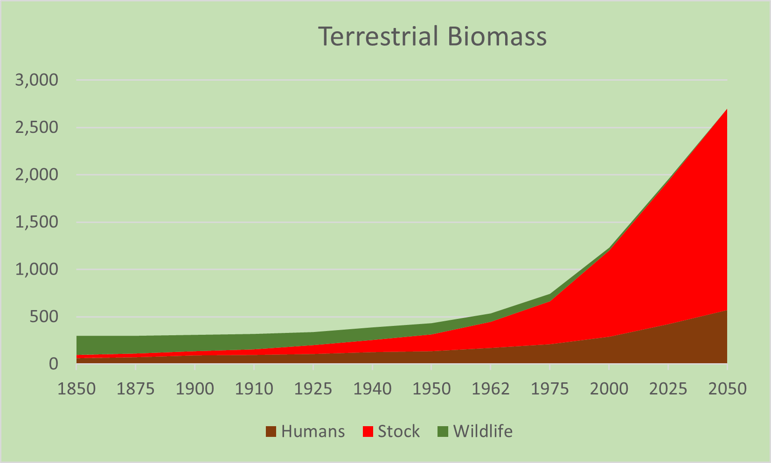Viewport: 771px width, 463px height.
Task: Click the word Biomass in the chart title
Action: coord(497,36)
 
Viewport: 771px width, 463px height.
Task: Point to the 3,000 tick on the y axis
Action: coord(37,80)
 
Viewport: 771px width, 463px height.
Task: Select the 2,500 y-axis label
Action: coord(37,128)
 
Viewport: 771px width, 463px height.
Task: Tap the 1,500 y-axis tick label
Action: coord(37,222)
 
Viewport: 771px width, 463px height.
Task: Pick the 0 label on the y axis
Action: coord(53,364)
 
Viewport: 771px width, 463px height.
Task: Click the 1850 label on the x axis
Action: coord(76,389)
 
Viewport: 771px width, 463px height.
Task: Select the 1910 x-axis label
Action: coord(254,389)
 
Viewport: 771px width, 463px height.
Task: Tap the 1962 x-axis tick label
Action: coord(490,389)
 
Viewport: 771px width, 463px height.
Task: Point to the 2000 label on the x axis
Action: coord(609,389)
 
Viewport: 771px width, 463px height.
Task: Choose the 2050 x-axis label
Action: coord(727,389)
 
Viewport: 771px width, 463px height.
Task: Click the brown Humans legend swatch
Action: coord(271,432)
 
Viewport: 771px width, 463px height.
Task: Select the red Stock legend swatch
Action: coord(368,432)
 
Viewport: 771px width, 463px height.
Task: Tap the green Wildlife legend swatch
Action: coord(443,432)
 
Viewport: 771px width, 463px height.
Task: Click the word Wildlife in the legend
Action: coord(483,432)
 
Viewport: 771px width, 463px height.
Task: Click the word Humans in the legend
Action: coord(313,432)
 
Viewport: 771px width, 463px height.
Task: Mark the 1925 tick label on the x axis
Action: coord(313,389)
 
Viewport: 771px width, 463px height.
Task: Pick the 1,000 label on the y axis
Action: coord(37,270)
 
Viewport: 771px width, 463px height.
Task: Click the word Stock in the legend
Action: coord(399,432)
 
